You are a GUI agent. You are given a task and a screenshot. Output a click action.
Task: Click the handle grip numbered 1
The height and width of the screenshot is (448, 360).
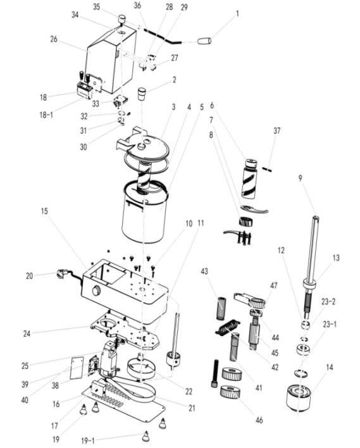(x=204, y=41)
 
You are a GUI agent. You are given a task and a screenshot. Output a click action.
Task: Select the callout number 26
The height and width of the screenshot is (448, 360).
(x=54, y=39)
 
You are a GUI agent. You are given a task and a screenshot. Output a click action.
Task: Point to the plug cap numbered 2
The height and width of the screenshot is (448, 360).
(x=142, y=94)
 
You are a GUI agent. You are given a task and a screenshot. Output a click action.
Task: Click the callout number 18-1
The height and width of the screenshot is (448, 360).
(x=46, y=115)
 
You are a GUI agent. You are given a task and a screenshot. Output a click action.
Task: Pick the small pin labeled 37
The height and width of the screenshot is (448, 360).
(x=268, y=169)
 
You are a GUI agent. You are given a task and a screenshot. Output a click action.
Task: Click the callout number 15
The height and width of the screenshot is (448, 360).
(x=44, y=211)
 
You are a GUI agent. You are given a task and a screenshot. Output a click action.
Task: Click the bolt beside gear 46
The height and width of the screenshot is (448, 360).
(x=215, y=373)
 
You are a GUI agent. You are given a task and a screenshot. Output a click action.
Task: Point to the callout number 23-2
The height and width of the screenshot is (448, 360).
(x=328, y=301)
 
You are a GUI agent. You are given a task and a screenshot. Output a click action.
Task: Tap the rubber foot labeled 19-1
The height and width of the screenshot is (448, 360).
(x=146, y=436)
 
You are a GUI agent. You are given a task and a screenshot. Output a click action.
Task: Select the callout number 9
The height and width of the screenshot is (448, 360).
(x=301, y=178)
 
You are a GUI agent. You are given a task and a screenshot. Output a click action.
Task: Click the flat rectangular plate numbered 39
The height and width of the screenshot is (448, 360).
(x=77, y=366)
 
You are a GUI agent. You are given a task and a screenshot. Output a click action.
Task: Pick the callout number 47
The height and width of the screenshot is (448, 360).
(x=274, y=285)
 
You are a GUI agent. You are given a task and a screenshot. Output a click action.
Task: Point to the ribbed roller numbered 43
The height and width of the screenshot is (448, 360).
(x=222, y=309)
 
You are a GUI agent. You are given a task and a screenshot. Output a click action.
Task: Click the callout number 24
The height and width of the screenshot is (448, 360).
(x=27, y=333)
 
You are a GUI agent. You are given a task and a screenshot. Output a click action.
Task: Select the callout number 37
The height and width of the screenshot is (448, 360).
(x=276, y=130)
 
